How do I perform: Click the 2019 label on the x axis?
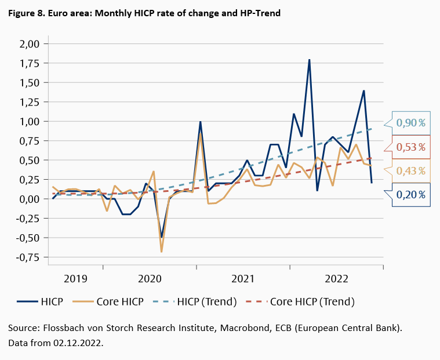[x=75, y=279]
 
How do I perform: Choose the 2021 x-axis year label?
[x=243, y=279]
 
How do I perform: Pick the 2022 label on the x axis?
[x=337, y=279]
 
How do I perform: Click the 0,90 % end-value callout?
[x=411, y=123]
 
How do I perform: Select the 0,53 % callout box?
[x=411, y=147]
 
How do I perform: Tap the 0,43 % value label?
[x=411, y=171]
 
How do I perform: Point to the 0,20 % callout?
[x=411, y=195]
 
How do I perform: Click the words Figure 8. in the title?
[x=26, y=13]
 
